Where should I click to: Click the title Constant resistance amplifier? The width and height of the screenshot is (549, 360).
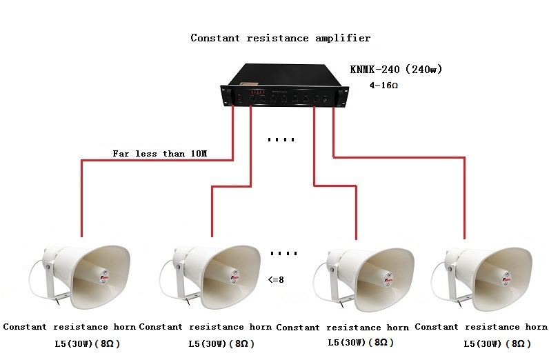pyautogui.click(x=280, y=38)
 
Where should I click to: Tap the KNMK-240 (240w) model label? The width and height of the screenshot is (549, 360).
pyautogui.click(x=395, y=69)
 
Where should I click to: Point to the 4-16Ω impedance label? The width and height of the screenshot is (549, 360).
pyautogui.click(x=385, y=86)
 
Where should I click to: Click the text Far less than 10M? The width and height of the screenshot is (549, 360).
pyautogui.click(x=159, y=154)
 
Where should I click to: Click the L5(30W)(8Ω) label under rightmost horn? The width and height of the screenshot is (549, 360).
pyautogui.click(x=497, y=343)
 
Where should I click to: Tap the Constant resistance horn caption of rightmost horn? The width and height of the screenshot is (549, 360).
pyautogui.click(x=481, y=327)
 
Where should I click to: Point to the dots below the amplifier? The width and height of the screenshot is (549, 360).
pyautogui.click(x=281, y=140)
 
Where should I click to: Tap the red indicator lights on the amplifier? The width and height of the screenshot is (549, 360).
pyautogui.click(x=258, y=92)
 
